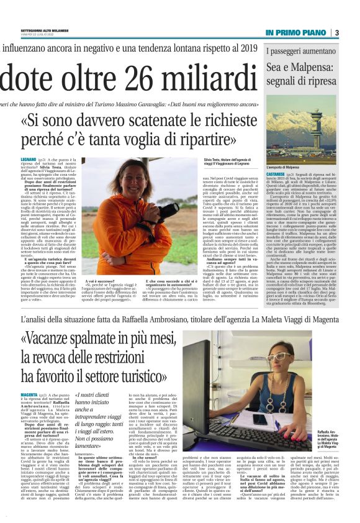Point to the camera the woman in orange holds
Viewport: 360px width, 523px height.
point(166,213)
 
